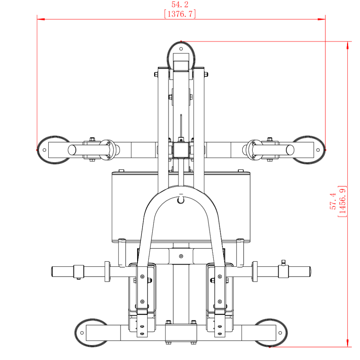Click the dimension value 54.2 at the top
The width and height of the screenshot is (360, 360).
180,4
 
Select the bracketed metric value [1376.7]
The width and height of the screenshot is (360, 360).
180,14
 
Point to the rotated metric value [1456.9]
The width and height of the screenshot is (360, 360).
342,201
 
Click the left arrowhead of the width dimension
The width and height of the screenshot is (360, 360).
41,19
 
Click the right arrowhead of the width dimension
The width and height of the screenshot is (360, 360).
321,19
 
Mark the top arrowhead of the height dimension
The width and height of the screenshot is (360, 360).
348,45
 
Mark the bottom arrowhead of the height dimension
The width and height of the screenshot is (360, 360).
348,343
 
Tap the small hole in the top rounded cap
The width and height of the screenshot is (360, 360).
181,49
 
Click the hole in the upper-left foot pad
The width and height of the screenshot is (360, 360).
44,150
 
